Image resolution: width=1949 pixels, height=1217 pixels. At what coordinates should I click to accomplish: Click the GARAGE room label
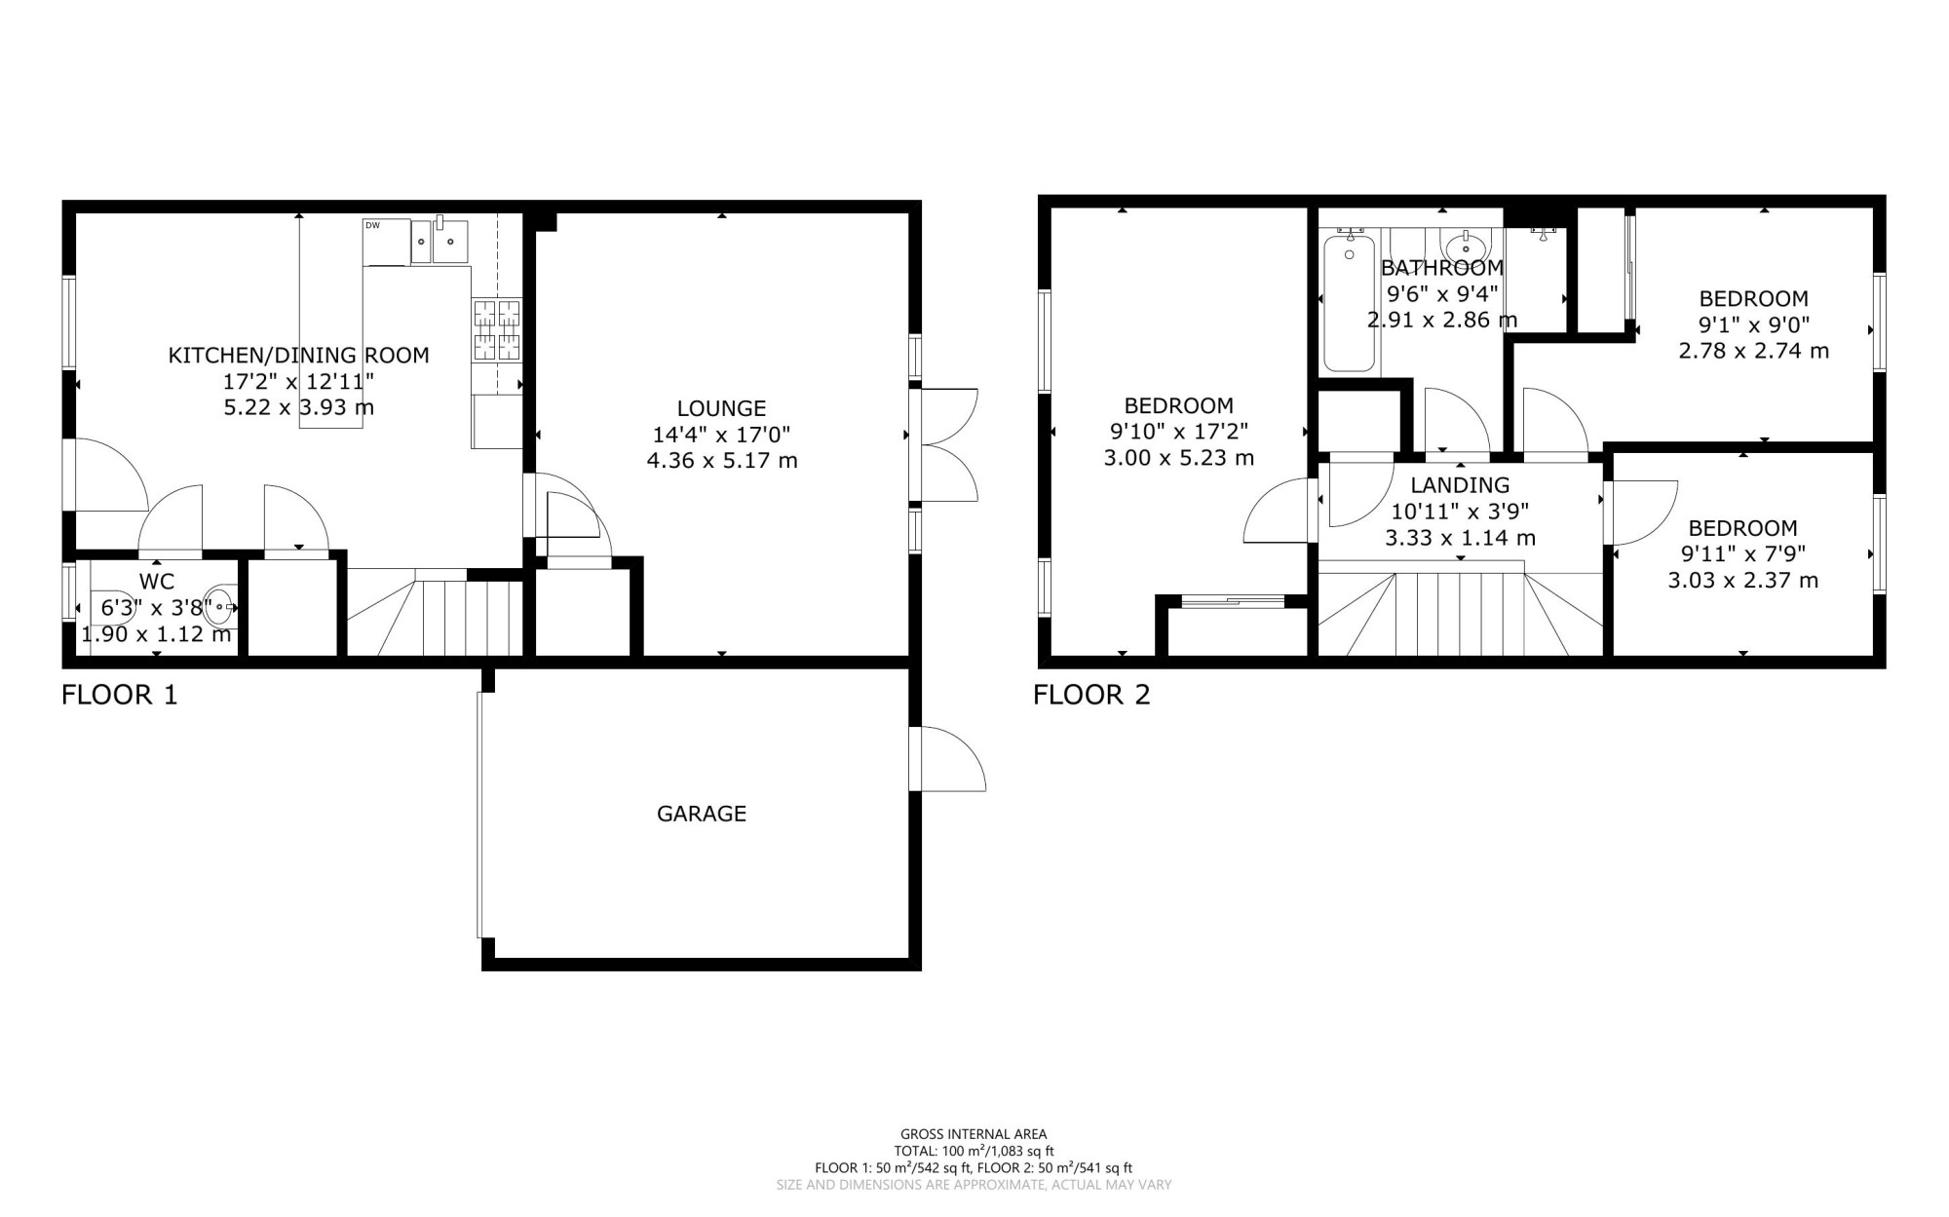(702, 814)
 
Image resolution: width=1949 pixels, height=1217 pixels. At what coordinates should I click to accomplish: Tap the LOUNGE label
(722, 409)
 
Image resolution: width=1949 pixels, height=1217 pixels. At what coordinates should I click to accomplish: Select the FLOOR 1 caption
(120, 695)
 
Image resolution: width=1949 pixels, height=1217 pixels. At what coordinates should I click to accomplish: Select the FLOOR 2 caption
(1091, 695)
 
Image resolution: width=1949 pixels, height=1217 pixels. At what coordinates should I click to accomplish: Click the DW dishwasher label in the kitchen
(372, 226)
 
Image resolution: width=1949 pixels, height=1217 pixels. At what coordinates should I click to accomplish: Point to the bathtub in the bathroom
(1349, 303)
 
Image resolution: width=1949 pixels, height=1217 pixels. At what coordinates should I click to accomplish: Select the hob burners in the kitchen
(497, 330)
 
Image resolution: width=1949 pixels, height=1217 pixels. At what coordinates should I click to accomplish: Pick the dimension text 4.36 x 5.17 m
(722, 460)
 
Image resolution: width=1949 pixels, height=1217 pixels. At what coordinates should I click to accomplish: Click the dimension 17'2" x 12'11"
(299, 381)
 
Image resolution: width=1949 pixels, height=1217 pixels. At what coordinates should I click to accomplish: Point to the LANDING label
(1460, 485)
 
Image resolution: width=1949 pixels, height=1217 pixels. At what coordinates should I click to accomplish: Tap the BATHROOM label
(1442, 267)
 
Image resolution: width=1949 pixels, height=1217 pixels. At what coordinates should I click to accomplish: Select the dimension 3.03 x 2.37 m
(1742, 581)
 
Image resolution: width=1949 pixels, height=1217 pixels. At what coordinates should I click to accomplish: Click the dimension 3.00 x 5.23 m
(1178, 458)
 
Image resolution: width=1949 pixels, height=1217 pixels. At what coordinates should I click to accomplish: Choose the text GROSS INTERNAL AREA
(974, 1134)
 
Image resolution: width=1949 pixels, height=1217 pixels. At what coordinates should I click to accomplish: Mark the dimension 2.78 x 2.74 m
(1754, 351)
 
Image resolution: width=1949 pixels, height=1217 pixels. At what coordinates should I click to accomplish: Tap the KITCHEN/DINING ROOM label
(299, 356)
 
